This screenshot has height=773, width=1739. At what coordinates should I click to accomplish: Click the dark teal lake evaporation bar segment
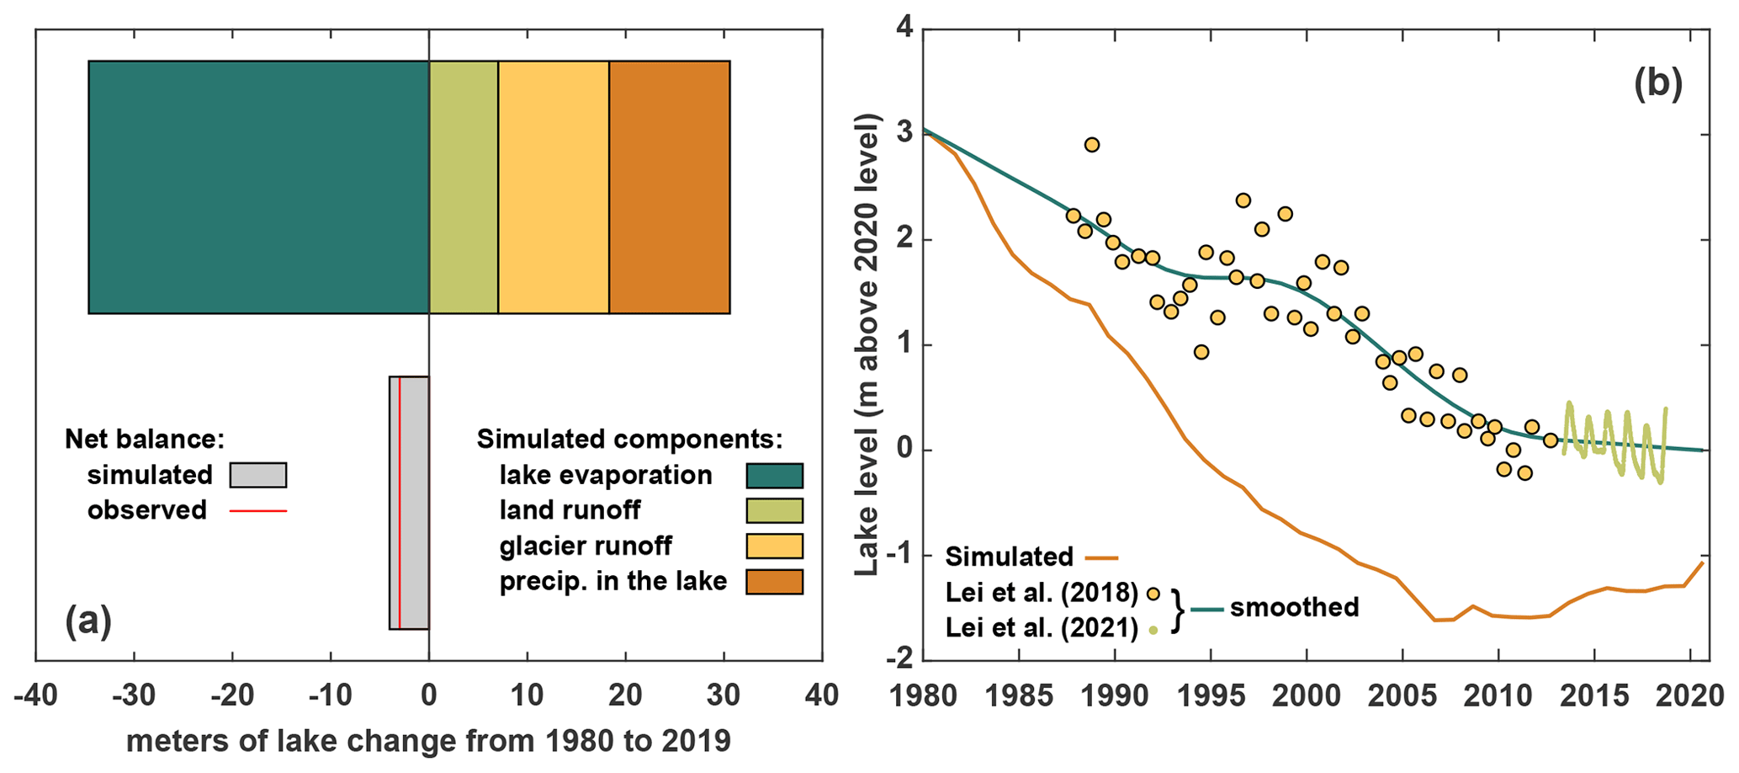point(258,187)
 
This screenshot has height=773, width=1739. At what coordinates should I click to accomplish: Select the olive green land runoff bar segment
point(464,187)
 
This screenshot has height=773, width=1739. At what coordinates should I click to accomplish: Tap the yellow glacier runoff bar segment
point(554,187)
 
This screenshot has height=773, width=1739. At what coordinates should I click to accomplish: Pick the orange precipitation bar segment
point(670,187)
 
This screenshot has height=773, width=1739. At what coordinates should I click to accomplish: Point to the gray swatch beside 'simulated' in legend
point(258,475)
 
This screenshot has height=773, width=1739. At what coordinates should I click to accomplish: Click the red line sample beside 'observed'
point(258,510)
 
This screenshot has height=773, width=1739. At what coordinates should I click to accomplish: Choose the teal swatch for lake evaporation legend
point(774,476)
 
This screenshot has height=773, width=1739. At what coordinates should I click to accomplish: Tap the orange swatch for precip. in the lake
point(774,582)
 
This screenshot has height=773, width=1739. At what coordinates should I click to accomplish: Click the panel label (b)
point(1657,84)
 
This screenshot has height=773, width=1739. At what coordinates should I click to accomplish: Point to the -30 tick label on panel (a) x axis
point(134,696)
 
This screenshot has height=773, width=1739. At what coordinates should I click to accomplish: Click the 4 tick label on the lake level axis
point(904,30)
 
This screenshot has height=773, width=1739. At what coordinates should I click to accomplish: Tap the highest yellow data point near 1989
point(1092,145)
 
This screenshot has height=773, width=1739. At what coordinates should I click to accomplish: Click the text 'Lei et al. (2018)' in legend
point(1042,593)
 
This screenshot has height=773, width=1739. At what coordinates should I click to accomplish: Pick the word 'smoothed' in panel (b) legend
point(1294,608)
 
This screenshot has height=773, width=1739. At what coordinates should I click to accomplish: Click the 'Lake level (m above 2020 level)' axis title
point(867,345)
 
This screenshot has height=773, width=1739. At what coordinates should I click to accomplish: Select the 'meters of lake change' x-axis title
point(428,741)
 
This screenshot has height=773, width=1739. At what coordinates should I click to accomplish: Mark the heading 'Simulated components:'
point(629,439)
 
